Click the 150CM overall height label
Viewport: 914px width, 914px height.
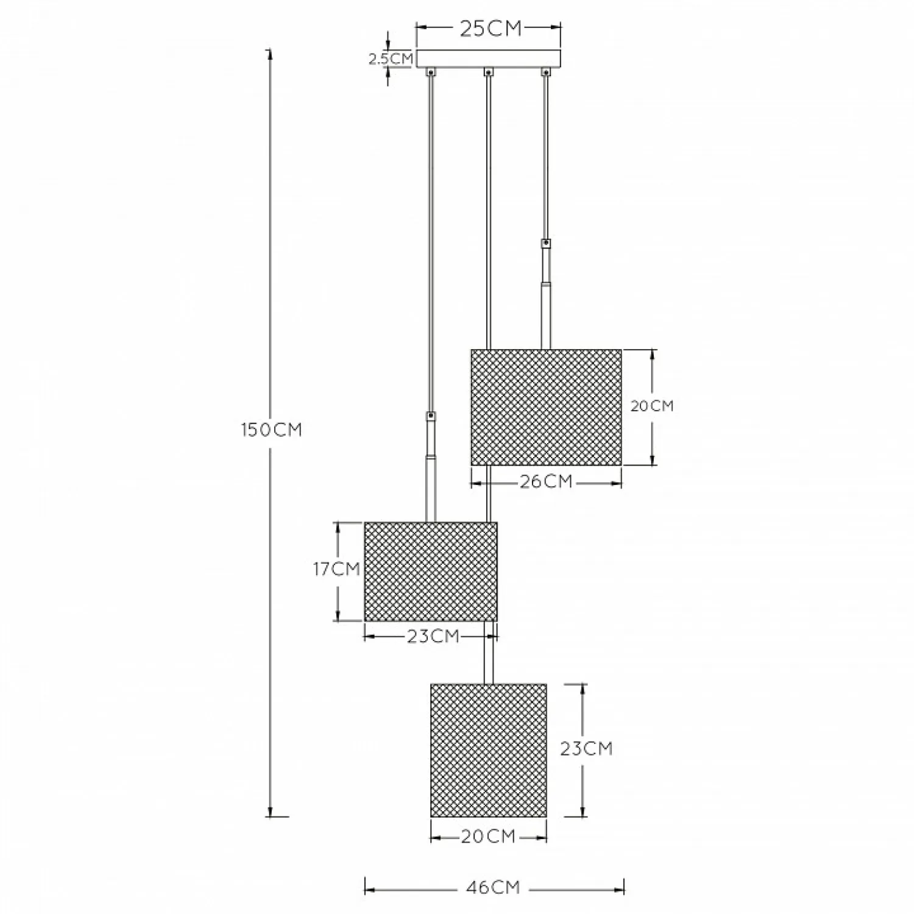272,430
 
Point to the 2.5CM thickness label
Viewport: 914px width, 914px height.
391,59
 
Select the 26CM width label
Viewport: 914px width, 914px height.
546,481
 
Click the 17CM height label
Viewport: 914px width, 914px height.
336,569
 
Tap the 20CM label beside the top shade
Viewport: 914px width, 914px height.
652,406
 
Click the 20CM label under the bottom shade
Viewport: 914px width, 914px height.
488,837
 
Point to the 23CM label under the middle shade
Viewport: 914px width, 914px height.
433,636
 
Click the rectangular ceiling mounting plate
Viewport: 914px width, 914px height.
488,58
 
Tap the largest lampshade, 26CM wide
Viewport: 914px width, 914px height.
547,407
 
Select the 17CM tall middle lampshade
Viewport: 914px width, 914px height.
431,572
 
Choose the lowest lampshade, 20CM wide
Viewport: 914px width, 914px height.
489,750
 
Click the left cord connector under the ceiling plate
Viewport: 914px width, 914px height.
431,72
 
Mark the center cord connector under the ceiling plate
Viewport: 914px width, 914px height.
488,72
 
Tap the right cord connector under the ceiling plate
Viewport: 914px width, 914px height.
546,72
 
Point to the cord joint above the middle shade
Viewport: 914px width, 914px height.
431,417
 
